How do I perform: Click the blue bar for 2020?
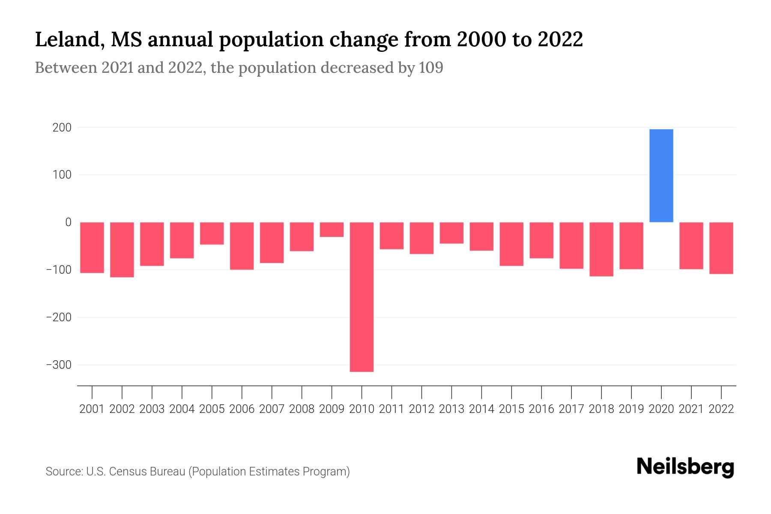point(661,176)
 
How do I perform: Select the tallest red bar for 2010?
point(362,297)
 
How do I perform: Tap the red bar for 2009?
point(332,230)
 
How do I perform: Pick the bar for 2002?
point(122,250)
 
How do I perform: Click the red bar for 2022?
point(721,248)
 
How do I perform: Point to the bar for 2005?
point(212,233)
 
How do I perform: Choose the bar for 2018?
point(601,249)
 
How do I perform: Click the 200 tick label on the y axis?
point(63,128)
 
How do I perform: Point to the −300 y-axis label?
point(59,365)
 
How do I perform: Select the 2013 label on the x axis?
point(451,409)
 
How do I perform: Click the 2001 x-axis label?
point(92,409)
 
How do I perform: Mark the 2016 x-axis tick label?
point(541,409)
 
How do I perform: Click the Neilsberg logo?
point(685,467)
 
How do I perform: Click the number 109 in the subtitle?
point(431,68)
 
